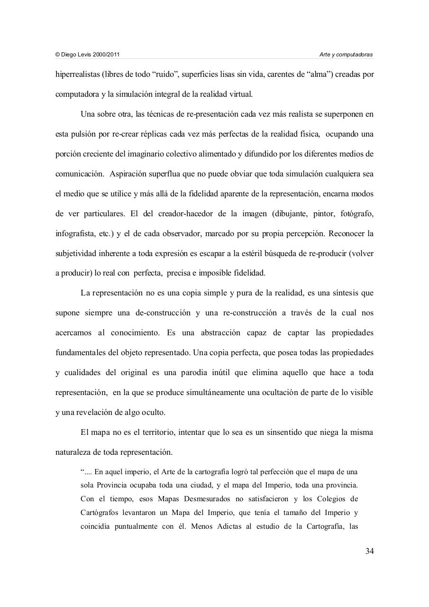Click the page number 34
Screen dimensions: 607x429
click(x=370, y=551)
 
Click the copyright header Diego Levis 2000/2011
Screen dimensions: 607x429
click(x=88, y=55)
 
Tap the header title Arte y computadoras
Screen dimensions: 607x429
click(x=346, y=55)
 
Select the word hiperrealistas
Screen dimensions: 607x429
click(x=76, y=74)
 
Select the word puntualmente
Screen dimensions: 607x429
click(x=134, y=525)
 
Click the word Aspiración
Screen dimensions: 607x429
click(x=130, y=174)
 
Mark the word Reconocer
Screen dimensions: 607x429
click(x=345, y=234)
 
